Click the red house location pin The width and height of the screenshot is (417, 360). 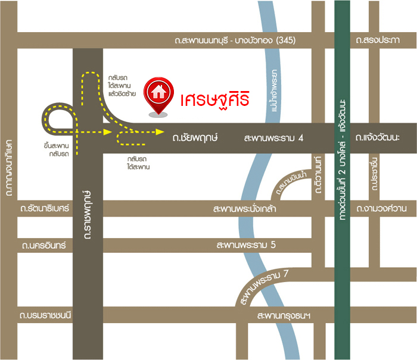[x=158, y=95]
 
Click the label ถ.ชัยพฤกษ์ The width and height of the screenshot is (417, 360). [x=195, y=137]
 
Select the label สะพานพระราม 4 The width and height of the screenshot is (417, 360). [x=274, y=137]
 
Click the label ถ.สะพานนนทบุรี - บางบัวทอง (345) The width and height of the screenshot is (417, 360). [x=235, y=40]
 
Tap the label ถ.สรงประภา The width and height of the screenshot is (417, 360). [x=378, y=40]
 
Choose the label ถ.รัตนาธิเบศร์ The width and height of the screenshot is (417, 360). [x=45, y=209]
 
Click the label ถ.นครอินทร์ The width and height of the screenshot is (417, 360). [x=43, y=245]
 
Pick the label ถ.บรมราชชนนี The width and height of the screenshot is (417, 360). [x=45, y=315]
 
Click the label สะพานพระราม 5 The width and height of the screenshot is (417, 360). [x=247, y=245]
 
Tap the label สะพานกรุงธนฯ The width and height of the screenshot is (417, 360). [x=284, y=315]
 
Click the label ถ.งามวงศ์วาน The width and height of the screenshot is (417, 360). [x=381, y=209]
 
